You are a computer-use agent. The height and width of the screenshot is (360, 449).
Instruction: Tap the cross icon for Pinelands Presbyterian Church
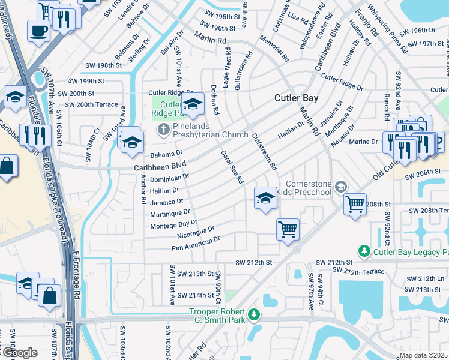162,129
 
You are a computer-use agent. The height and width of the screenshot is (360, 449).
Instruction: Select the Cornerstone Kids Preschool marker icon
341,187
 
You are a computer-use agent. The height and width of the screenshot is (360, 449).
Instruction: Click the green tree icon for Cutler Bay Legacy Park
363,250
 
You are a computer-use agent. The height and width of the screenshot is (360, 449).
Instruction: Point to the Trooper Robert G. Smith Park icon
255,314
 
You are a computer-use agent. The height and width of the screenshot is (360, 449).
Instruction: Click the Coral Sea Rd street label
232,167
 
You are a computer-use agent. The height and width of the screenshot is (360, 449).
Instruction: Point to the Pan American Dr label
196,243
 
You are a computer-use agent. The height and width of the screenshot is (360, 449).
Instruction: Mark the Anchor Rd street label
143,189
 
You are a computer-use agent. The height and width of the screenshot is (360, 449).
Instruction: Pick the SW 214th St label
188,295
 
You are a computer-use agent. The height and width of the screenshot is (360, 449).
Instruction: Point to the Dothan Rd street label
214,100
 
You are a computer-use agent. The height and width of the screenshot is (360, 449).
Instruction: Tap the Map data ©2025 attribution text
423,355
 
